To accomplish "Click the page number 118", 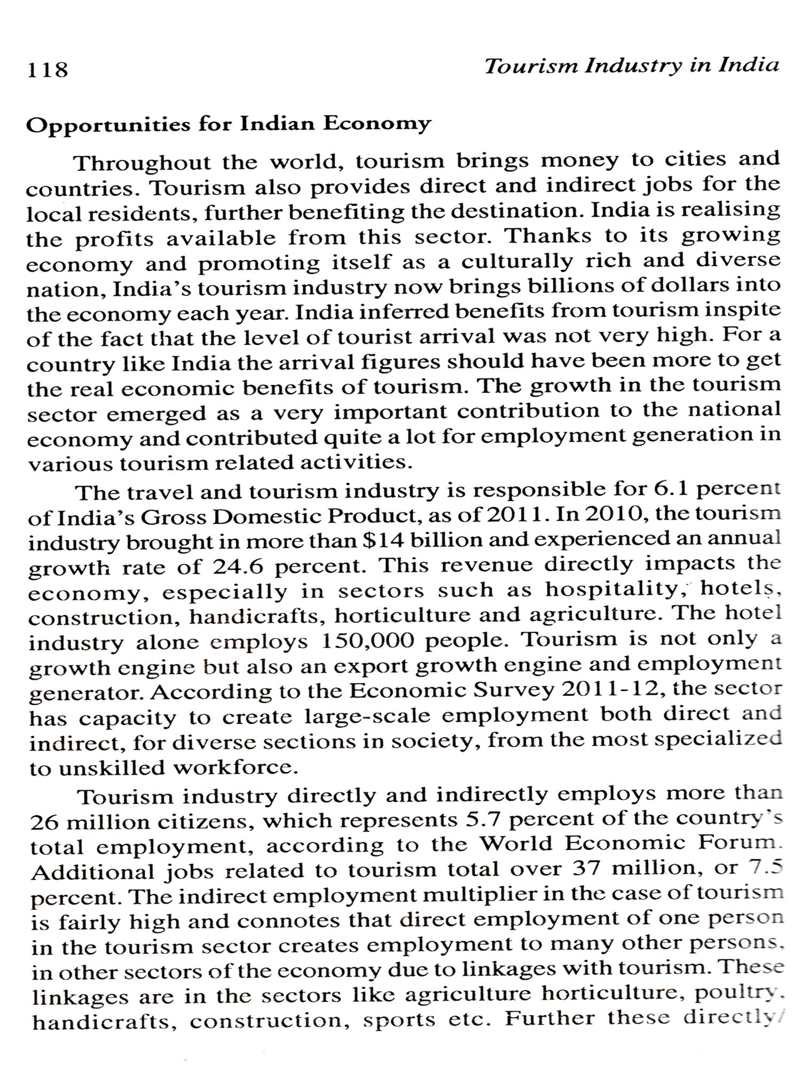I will [x=48, y=70].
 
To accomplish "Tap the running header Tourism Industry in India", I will [x=631, y=66].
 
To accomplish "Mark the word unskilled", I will [x=112, y=768].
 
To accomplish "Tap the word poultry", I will [x=747, y=994].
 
